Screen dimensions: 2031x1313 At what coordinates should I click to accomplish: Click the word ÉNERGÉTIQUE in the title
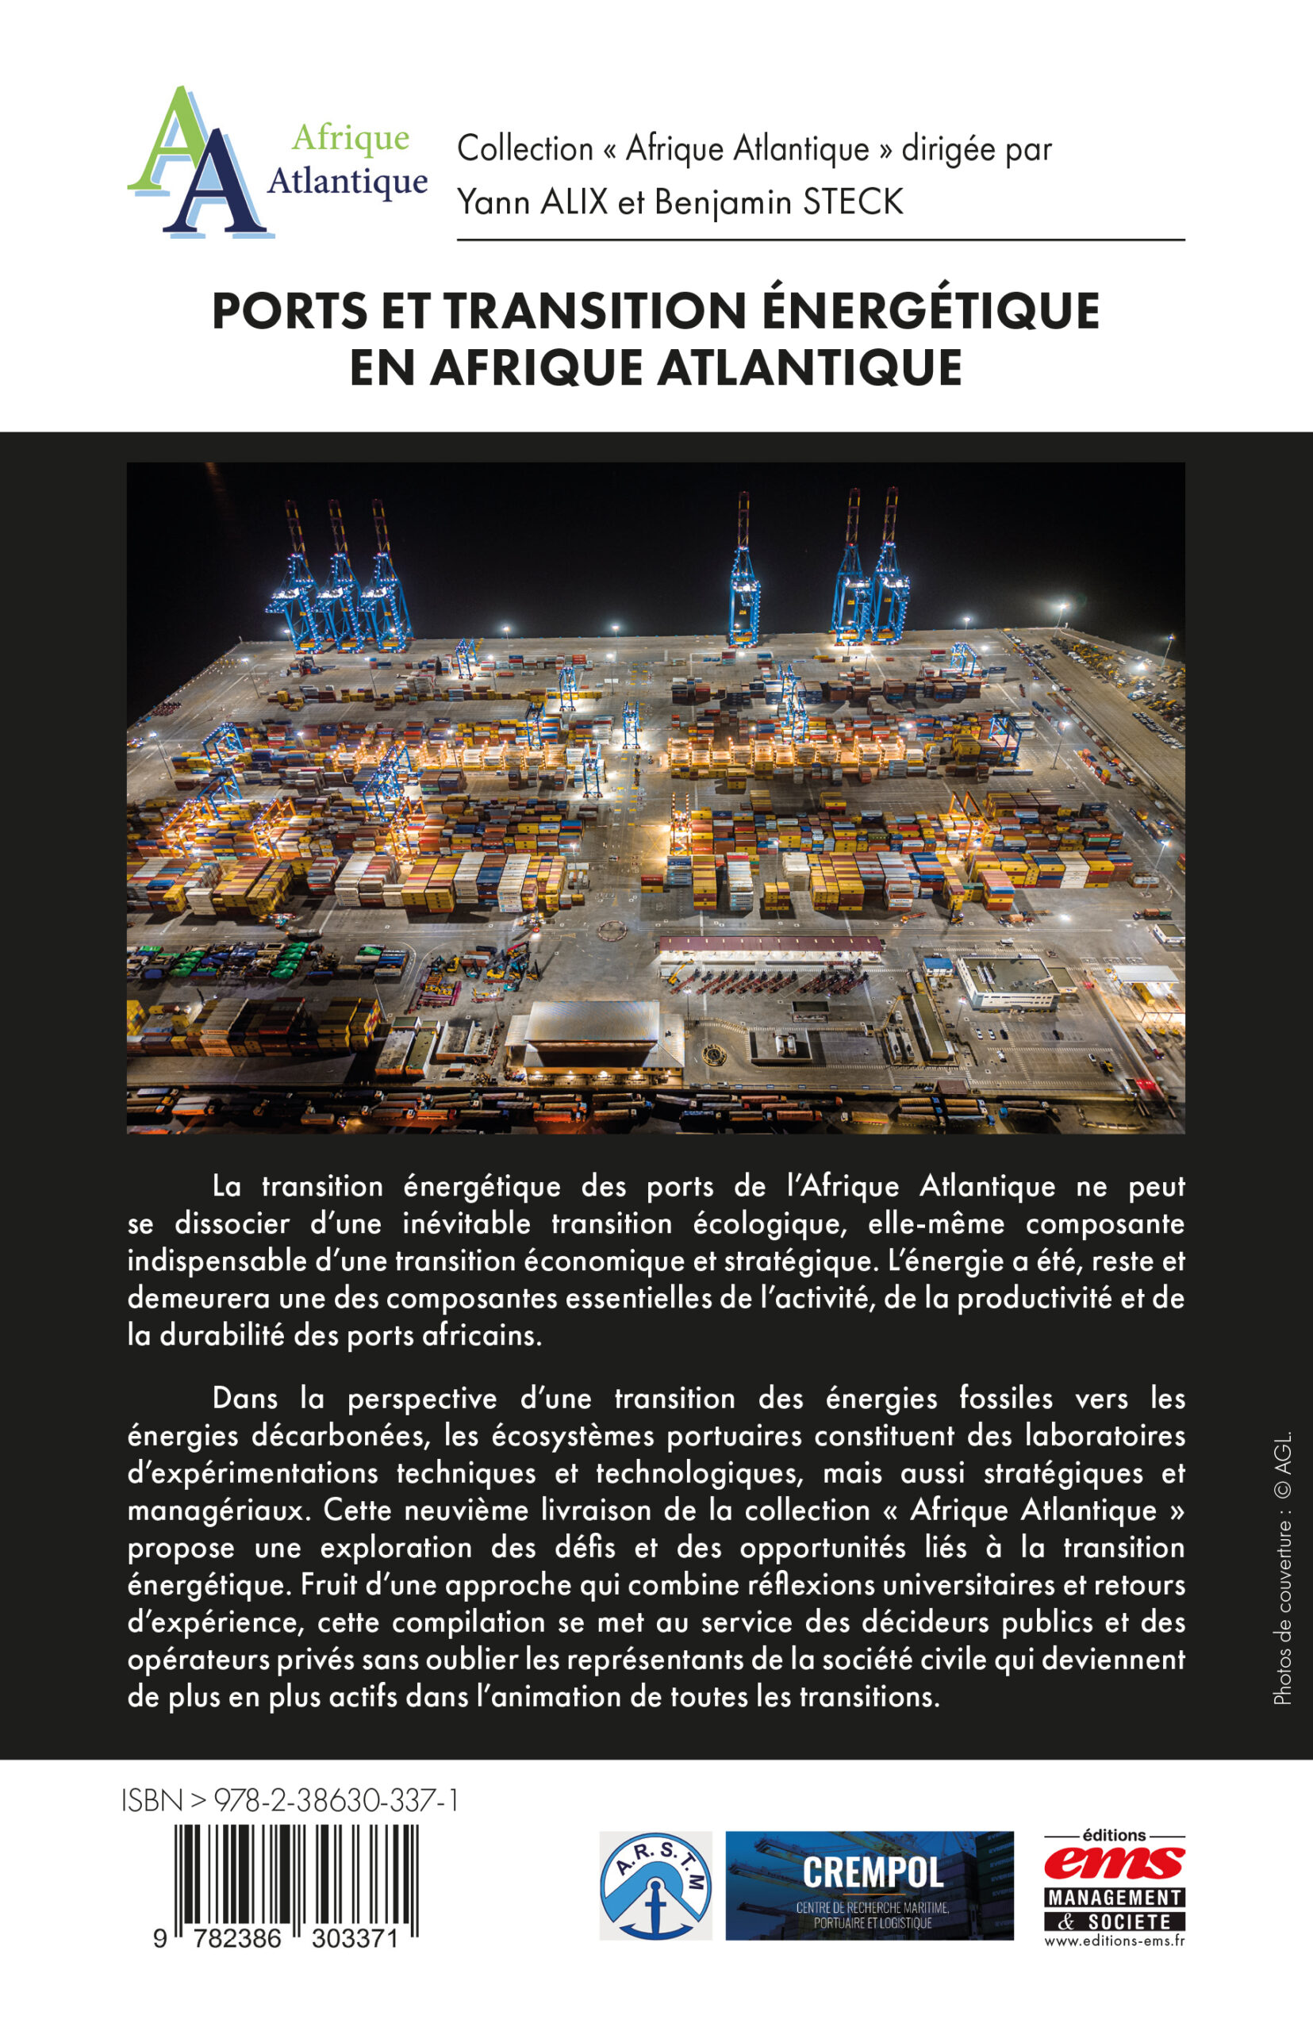(x=929, y=311)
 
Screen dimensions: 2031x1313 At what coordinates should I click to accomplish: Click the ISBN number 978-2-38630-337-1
(x=336, y=1800)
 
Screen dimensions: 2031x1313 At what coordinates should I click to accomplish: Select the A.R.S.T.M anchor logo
(x=655, y=1885)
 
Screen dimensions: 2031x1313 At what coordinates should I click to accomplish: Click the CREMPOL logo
(x=870, y=1885)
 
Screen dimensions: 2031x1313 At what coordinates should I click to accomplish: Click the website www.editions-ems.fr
(x=1114, y=1941)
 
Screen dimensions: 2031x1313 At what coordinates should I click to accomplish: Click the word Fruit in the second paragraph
(x=333, y=1585)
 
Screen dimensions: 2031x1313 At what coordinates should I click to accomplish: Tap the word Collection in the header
(x=524, y=149)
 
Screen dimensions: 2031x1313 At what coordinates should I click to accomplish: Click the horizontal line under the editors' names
(x=820, y=240)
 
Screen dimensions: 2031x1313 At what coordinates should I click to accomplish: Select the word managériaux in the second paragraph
(x=217, y=1511)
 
